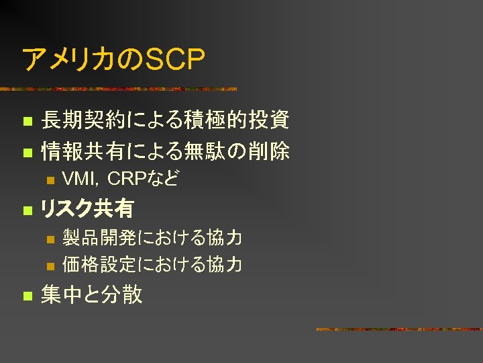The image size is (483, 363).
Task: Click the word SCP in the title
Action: (x=175, y=59)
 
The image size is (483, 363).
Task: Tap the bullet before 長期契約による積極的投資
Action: (x=26, y=122)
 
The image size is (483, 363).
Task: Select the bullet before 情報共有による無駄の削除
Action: (x=26, y=153)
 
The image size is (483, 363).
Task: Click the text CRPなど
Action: (x=143, y=179)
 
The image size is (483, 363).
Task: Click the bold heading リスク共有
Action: (x=87, y=209)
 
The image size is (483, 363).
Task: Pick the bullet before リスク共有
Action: (x=26, y=210)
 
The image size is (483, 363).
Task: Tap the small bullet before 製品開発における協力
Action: (x=48, y=239)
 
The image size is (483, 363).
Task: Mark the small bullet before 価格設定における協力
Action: (x=48, y=266)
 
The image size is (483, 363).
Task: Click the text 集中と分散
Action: (x=92, y=294)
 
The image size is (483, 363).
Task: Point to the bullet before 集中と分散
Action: (x=26, y=296)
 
